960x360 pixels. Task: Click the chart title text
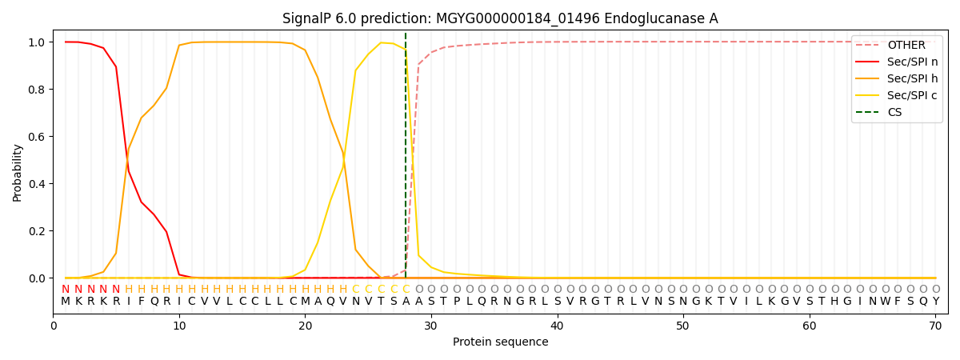(500, 18)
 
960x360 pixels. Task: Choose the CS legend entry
(894, 113)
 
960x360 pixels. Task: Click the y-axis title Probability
(18, 172)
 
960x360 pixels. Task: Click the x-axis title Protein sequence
(500, 342)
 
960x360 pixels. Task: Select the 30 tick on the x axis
(431, 324)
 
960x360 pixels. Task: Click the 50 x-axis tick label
(682, 324)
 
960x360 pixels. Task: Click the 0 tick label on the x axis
(54, 324)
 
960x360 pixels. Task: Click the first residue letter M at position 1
(66, 302)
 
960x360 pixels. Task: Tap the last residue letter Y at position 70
(935, 302)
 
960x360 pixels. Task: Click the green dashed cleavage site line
(406, 160)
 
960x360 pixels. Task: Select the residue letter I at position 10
(179, 302)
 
